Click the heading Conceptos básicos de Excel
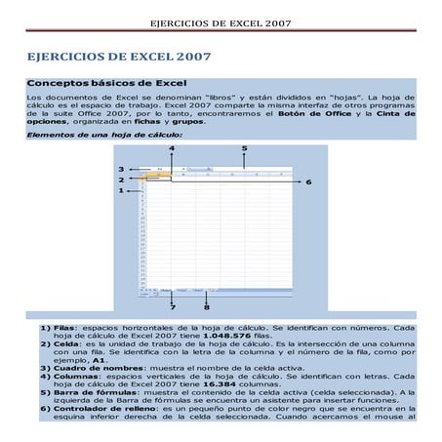pyautogui.click(x=107, y=84)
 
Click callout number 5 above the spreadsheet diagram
pyautogui.click(x=243, y=146)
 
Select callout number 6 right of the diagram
pyautogui.click(x=308, y=181)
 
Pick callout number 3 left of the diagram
pyautogui.click(x=120, y=169)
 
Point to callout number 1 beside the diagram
pyautogui.click(x=120, y=191)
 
